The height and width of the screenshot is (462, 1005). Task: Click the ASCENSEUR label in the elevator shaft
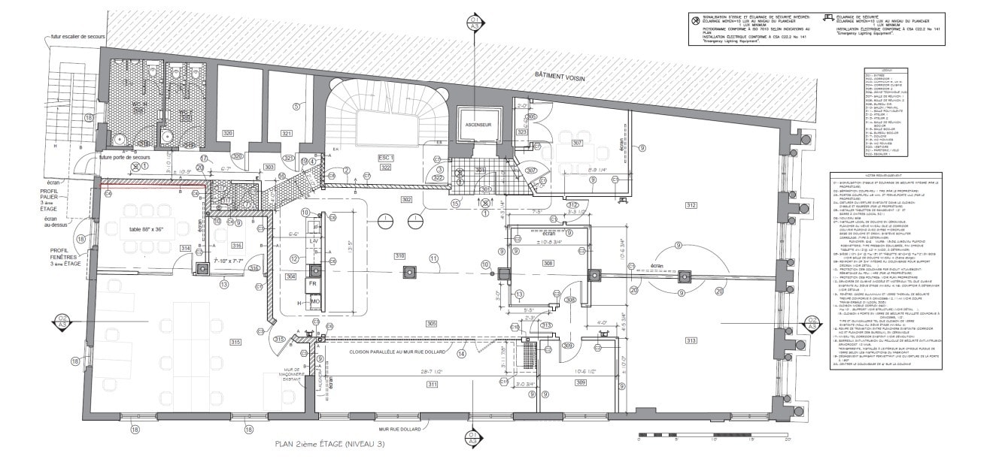pyautogui.click(x=478, y=125)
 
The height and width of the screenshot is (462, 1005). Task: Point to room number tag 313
pyautogui.click(x=691, y=340)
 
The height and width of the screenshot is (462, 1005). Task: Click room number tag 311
pyautogui.click(x=432, y=385)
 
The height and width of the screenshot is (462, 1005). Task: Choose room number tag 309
pyautogui.click(x=581, y=383)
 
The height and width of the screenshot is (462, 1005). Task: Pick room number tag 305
pyautogui.click(x=431, y=324)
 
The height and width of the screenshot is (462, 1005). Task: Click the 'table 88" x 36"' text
pyautogui.click(x=151, y=229)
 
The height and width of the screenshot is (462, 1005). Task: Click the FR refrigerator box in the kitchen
pyautogui.click(x=311, y=285)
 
